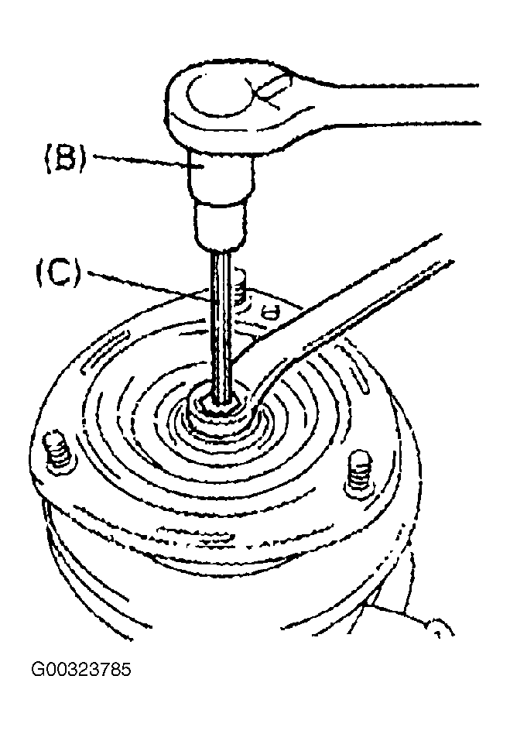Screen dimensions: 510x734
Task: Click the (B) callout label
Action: click(x=66, y=160)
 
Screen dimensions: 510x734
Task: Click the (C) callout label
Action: click(x=59, y=274)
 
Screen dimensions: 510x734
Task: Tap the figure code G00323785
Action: click(x=81, y=670)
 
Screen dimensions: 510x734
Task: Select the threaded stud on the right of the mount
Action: click(x=359, y=472)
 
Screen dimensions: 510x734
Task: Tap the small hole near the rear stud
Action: click(x=270, y=312)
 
